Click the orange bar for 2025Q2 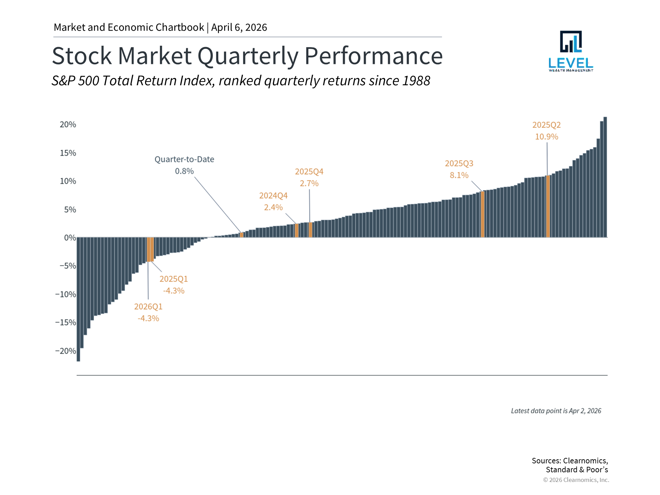coord(548,206)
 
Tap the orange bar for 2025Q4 coord(310,230)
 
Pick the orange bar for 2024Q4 coord(297,231)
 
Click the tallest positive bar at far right coord(605,177)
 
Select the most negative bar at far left coord(78,299)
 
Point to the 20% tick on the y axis coord(68,124)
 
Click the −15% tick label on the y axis coord(66,322)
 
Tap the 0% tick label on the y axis coord(70,238)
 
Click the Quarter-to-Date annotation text coord(184,159)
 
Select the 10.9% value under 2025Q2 coord(547,136)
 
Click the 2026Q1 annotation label coord(148,306)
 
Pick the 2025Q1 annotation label coord(174,279)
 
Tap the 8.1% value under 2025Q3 coord(459,175)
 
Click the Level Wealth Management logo coord(571,51)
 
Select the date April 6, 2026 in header coord(239,27)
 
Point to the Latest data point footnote coord(556,411)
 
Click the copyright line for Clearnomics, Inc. coord(576,480)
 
